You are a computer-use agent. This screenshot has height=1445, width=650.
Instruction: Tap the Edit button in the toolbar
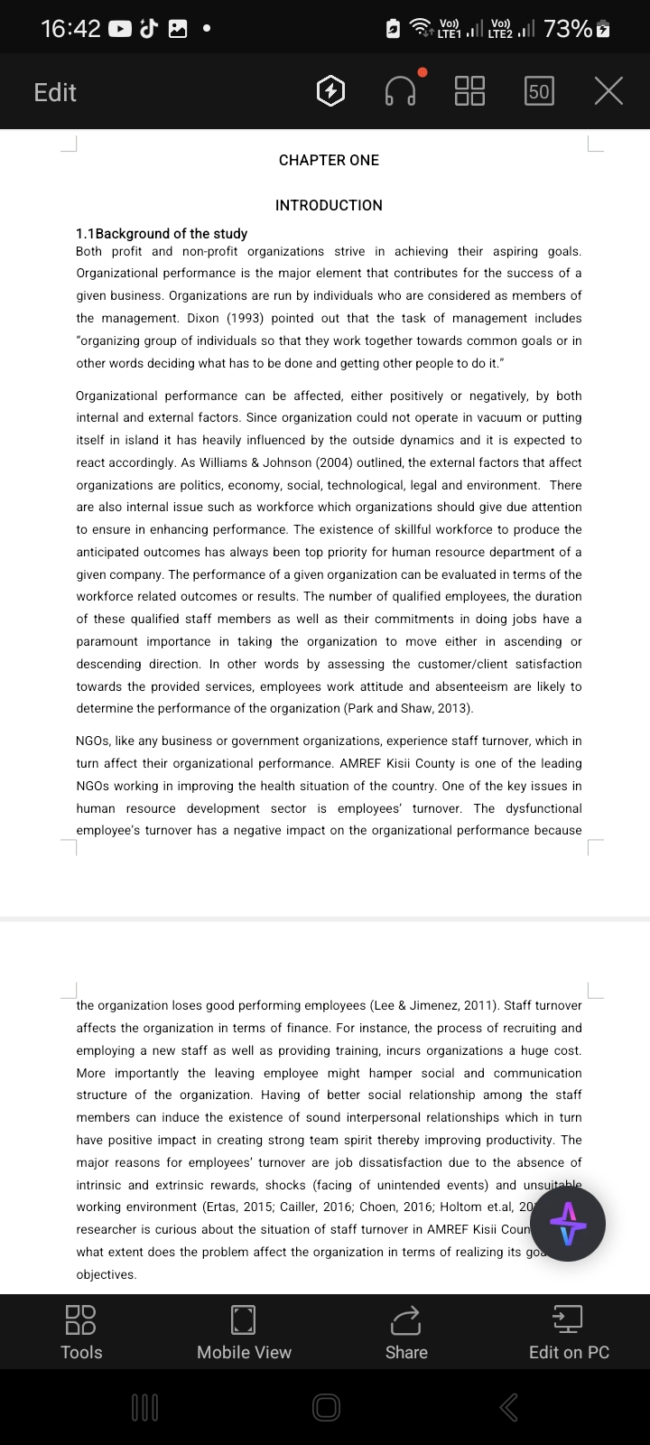55,92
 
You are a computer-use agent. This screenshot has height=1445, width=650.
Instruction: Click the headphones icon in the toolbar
401,91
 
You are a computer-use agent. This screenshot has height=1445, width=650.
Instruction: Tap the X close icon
609,91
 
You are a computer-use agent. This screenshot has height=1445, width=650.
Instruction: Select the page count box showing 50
539,91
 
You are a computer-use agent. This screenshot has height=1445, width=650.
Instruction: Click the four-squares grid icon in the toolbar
469,91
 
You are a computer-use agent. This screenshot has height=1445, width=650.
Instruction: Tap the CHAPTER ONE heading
329,160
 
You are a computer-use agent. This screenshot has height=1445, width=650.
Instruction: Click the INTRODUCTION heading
329,205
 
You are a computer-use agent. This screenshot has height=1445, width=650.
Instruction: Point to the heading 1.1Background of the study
162,233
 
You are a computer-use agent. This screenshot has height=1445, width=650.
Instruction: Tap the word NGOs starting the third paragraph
93,741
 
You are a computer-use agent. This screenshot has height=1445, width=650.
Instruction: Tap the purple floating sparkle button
568,1224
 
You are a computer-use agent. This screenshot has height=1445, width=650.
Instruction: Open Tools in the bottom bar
81,1332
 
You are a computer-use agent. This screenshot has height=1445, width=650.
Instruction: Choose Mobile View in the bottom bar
244,1332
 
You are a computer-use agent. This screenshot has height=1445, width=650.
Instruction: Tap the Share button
406,1332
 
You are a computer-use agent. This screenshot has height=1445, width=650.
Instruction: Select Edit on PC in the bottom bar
569,1332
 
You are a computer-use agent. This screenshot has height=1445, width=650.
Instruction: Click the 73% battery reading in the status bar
568,29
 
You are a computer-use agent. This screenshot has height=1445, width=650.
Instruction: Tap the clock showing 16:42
70,29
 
